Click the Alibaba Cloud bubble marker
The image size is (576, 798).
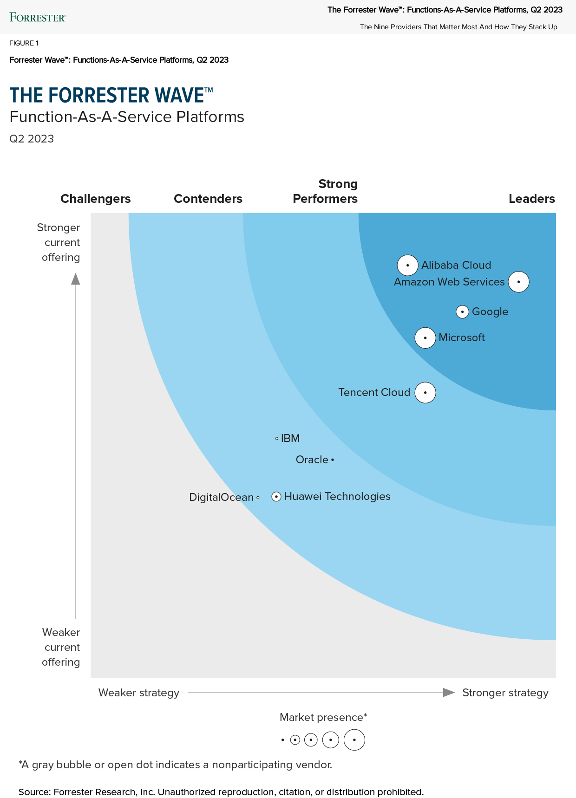(407, 266)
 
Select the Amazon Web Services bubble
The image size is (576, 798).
(518, 282)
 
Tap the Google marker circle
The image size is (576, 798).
(462, 312)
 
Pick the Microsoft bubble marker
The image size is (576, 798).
(425, 338)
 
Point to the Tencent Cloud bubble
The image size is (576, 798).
(425, 393)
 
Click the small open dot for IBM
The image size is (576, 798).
(277, 438)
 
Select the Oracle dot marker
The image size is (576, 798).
(333, 460)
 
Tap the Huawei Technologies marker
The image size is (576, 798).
(276, 497)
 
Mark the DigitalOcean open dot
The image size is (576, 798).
(258, 498)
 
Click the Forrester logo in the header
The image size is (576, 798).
(38, 18)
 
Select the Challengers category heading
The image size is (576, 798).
(96, 199)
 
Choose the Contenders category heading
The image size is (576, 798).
(208, 199)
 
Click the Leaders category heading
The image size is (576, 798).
(532, 199)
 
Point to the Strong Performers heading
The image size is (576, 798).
(325, 191)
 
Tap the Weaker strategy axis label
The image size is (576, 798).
(139, 693)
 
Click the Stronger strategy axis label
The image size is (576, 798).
(505, 693)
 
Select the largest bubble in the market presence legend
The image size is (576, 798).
(354, 740)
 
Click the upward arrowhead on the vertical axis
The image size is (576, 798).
(76, 279)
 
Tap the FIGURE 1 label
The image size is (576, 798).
(24, 43)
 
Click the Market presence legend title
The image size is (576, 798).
(323, 717)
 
